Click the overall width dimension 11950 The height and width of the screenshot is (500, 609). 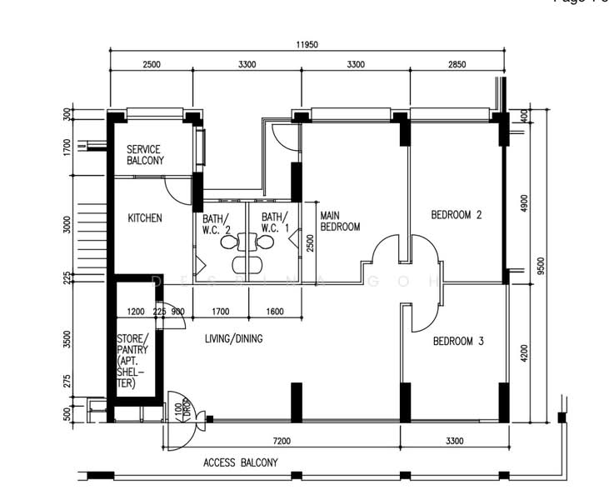[x=306, y=45]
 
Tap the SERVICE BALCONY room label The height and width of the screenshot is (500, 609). [x=145, y=155]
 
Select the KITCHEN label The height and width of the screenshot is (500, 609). [x=144, y=218]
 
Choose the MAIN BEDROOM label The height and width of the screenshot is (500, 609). [x=340, y=221]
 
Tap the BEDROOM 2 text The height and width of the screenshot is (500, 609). [x=456, y=215]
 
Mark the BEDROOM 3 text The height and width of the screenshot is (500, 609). [x=457, y=341]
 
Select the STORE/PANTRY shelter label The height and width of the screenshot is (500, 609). [x=133, y=361]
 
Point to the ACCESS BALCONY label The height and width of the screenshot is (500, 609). [x=241, y=462]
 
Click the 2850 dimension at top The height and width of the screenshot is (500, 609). [x=457, y=64]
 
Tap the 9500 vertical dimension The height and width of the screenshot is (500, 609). [x=542, y=264]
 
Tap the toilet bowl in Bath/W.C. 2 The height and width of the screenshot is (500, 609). [x=228, y=242]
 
